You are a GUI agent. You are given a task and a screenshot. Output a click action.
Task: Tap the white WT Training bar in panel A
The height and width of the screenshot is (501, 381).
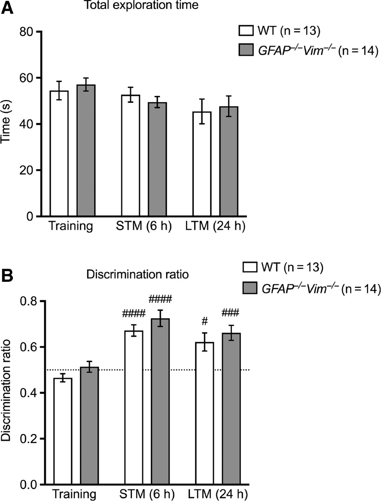click(59, 155)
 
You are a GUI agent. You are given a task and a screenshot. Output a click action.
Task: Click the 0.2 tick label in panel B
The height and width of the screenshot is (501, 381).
click(28, 439)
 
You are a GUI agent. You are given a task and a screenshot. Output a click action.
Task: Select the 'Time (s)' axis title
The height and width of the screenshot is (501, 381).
click(7, 125)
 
